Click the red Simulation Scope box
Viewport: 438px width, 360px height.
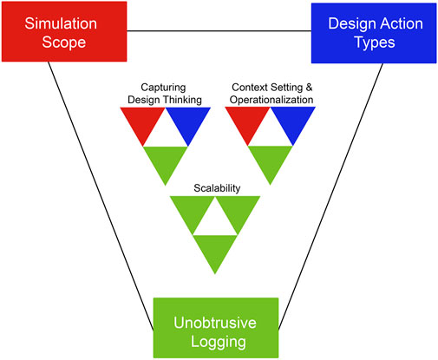(x=63, y=31)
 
